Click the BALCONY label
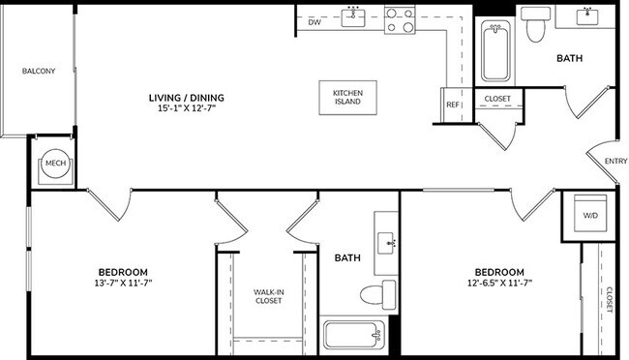[x=39, y=72]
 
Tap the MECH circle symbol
[x=55, y=165]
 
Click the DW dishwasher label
[x=314, y=20]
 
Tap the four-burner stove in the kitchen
[x=400, y=19]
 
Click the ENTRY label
[x=614, y=162]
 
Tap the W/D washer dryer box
[x=588, y=215]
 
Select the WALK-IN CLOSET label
[x=268, y=295]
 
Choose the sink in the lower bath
[x=387, y=240]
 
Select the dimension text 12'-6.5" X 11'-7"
[x=498, y=283]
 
